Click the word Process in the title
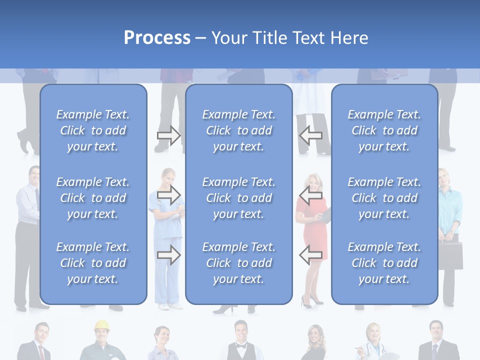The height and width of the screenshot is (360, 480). [x=157, y=38]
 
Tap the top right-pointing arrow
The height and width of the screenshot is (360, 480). [x=169, y=135]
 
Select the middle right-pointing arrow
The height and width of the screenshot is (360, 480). [x=169, y=194]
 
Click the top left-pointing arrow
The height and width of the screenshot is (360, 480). [x=311, y=135]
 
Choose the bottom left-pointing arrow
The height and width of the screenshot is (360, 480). [x=311, y=255]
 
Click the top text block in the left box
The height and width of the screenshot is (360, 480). [x=93, y=130]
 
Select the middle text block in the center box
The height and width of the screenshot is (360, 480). [x=238, y=198]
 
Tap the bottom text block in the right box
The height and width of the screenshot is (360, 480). [x=384, y=263]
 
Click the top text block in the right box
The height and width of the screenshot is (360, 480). [x=384, y=130]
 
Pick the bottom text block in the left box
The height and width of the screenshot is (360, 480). [x=93, y=263]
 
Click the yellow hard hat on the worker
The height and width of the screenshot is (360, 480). [x=101, y=325]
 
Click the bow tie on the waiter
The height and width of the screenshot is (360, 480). [x=241, y=346]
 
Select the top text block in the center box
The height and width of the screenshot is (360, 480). [x=238, y=130]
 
